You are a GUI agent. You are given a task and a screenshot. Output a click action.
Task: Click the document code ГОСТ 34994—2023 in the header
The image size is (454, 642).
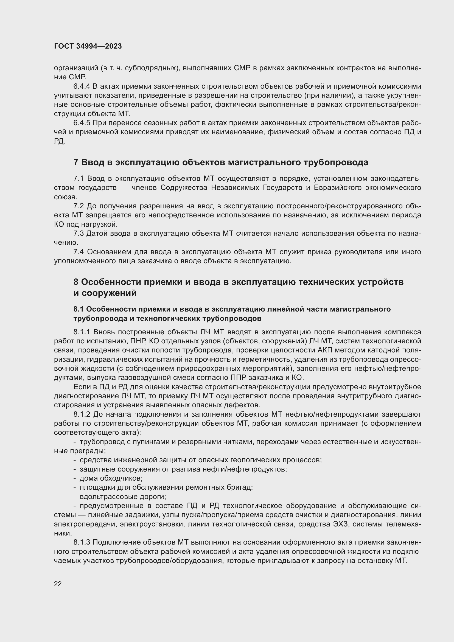[88, 46]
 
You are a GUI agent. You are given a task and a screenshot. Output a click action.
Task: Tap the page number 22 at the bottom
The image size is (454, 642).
[58, 584]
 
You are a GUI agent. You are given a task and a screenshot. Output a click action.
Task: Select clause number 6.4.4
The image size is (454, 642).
[82, 86]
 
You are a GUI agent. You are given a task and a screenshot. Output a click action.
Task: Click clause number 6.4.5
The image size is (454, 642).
[82, 123]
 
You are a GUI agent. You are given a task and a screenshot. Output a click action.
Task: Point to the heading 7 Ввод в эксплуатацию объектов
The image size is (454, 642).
[221, 162]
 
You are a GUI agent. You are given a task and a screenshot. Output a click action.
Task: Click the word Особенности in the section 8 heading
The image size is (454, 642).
[111, 282]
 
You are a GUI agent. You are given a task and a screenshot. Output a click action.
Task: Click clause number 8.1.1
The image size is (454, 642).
[82, 332]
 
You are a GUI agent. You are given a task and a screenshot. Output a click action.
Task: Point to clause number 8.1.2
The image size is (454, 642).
[82, 414]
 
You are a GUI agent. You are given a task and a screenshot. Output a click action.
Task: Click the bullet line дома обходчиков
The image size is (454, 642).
[111, 478]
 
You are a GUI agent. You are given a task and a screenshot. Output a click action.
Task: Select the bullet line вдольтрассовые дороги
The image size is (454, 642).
[123, 497]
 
